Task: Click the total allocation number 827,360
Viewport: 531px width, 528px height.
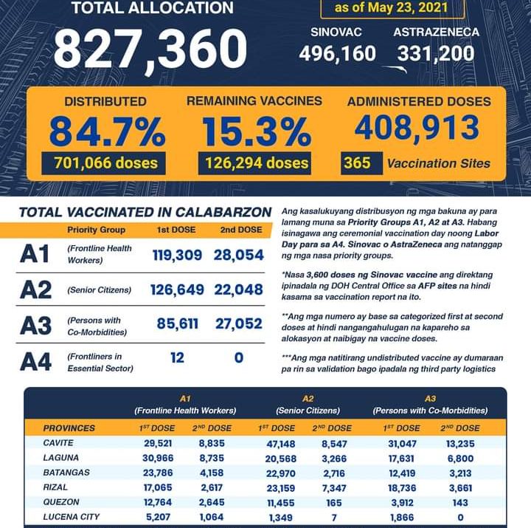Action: pos(150,48)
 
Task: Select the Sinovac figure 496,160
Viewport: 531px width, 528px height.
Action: pos(337,54)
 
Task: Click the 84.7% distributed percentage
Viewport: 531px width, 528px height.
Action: pos(106,131)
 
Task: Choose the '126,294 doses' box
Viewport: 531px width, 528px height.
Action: pos(254,162)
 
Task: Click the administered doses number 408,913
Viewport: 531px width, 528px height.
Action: pos(417,127)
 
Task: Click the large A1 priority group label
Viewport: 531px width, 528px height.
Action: pos(35,254)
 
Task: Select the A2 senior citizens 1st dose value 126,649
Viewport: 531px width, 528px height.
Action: pos(177,289)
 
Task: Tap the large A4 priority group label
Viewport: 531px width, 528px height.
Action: pos(35,362)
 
